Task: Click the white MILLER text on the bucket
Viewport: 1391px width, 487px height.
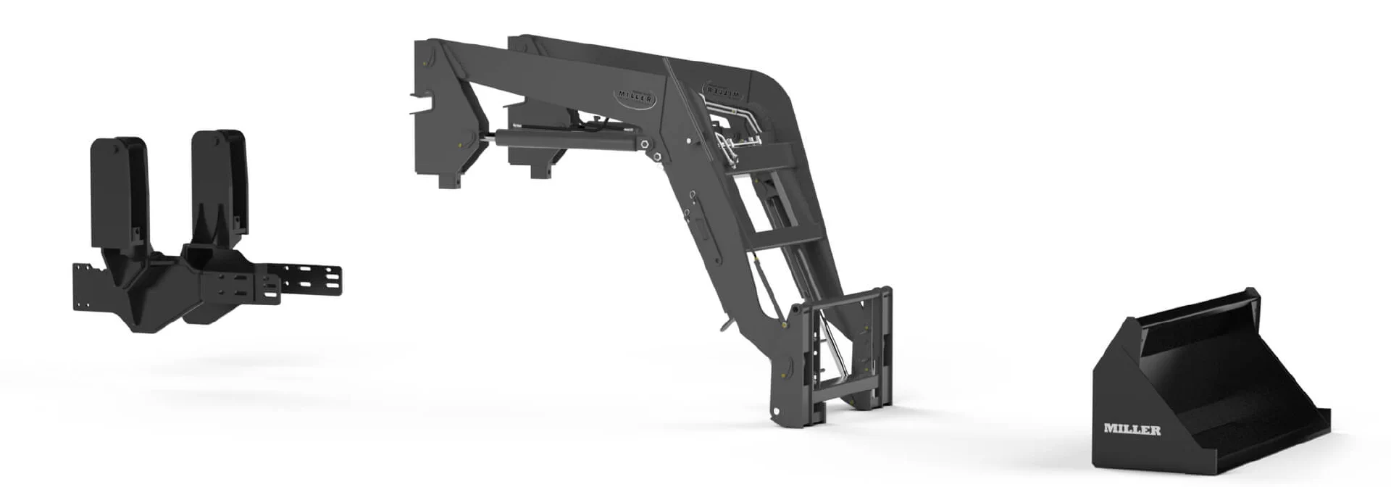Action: pyautogui.click(x=1132, y=430)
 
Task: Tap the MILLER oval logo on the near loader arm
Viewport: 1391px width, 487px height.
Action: pyautogui.click(x=637, y=97)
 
